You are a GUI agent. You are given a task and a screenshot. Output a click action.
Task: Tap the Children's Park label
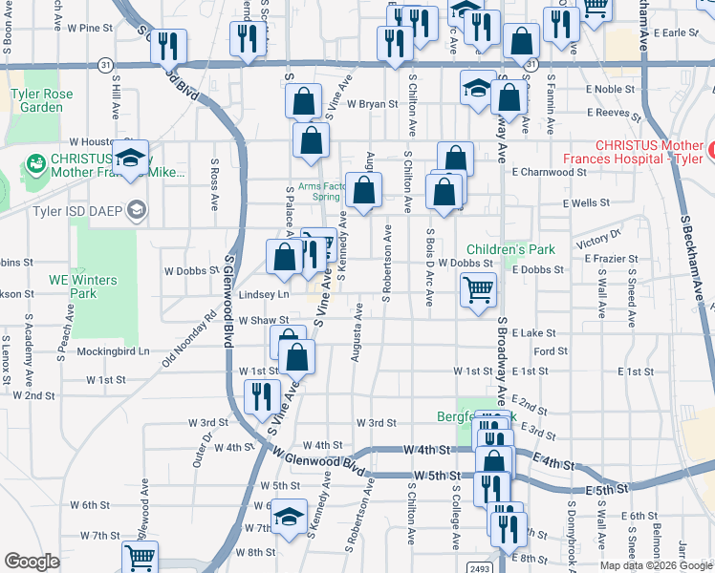(x=510, y=249)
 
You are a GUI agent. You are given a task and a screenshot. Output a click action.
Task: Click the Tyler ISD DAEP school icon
(x=138, y=210)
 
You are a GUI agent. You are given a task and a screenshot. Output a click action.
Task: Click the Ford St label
(x=552, y=351)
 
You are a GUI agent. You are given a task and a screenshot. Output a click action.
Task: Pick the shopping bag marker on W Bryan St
(x=303, y=101)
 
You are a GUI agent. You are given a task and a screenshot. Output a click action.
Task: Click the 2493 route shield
(x=481, y=567)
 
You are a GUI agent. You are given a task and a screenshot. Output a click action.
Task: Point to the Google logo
(x=32, y=562)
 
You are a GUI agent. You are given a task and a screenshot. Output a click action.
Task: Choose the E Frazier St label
(x=608, y=259)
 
